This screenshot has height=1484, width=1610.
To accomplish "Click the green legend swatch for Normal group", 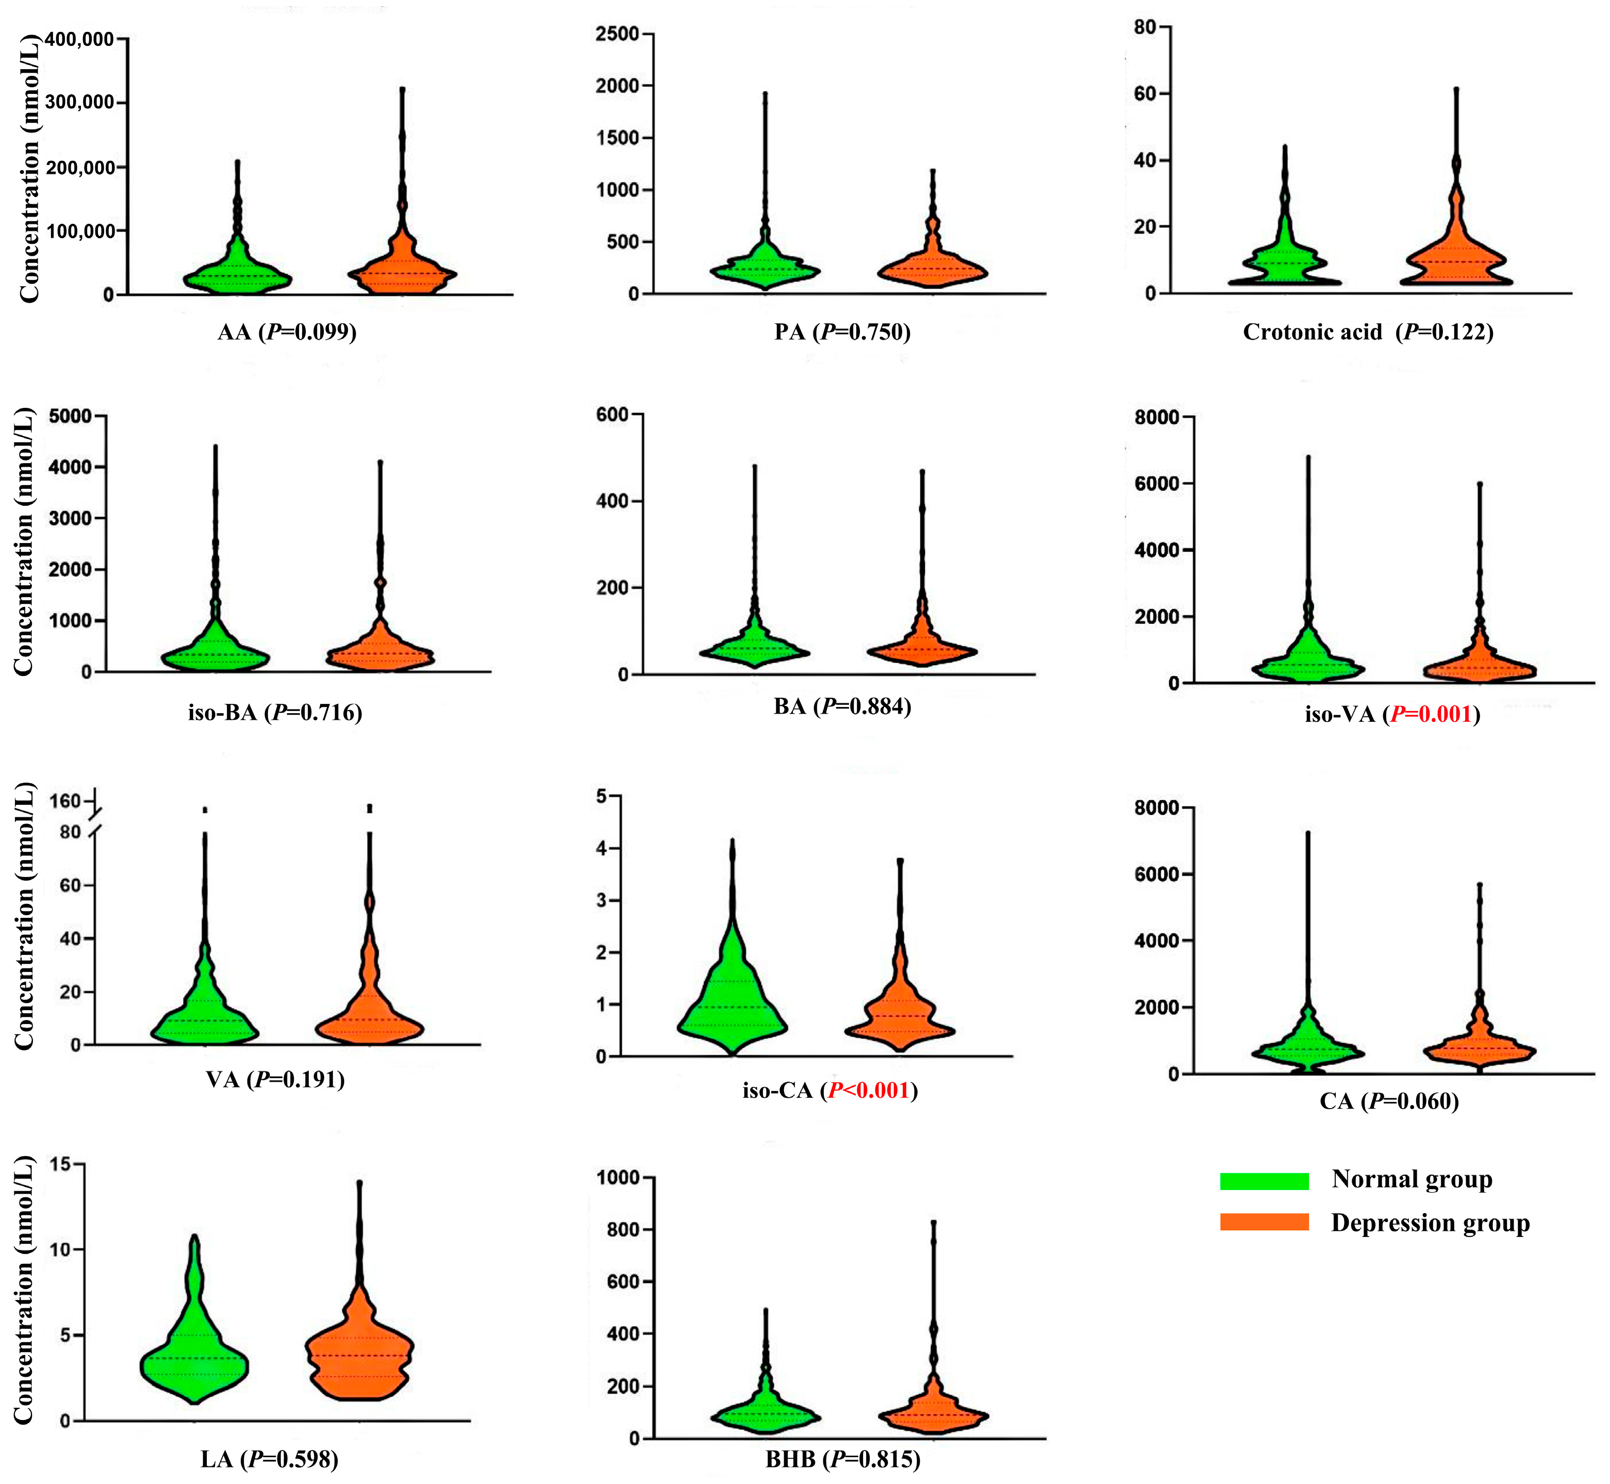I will (x=1264, y=1180).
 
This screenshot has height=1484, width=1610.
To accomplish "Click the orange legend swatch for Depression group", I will (x=1264, y=1222).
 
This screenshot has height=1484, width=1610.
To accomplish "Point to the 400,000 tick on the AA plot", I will (x=79, y=39).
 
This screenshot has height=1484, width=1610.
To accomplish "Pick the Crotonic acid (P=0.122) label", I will (x=1368, y=333).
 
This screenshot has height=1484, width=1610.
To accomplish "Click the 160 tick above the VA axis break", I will (x=65, y=801).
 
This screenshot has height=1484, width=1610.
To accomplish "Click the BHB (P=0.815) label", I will (x=842, y=1459).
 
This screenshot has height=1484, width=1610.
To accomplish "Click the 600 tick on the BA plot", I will (x=612, y=415).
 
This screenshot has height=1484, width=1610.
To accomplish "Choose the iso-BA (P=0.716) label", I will (x=275, y=712).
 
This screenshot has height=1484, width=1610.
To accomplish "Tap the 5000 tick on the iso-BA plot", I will (x=70, y=416).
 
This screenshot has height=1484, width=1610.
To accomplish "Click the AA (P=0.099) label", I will (x=287, y=333).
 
